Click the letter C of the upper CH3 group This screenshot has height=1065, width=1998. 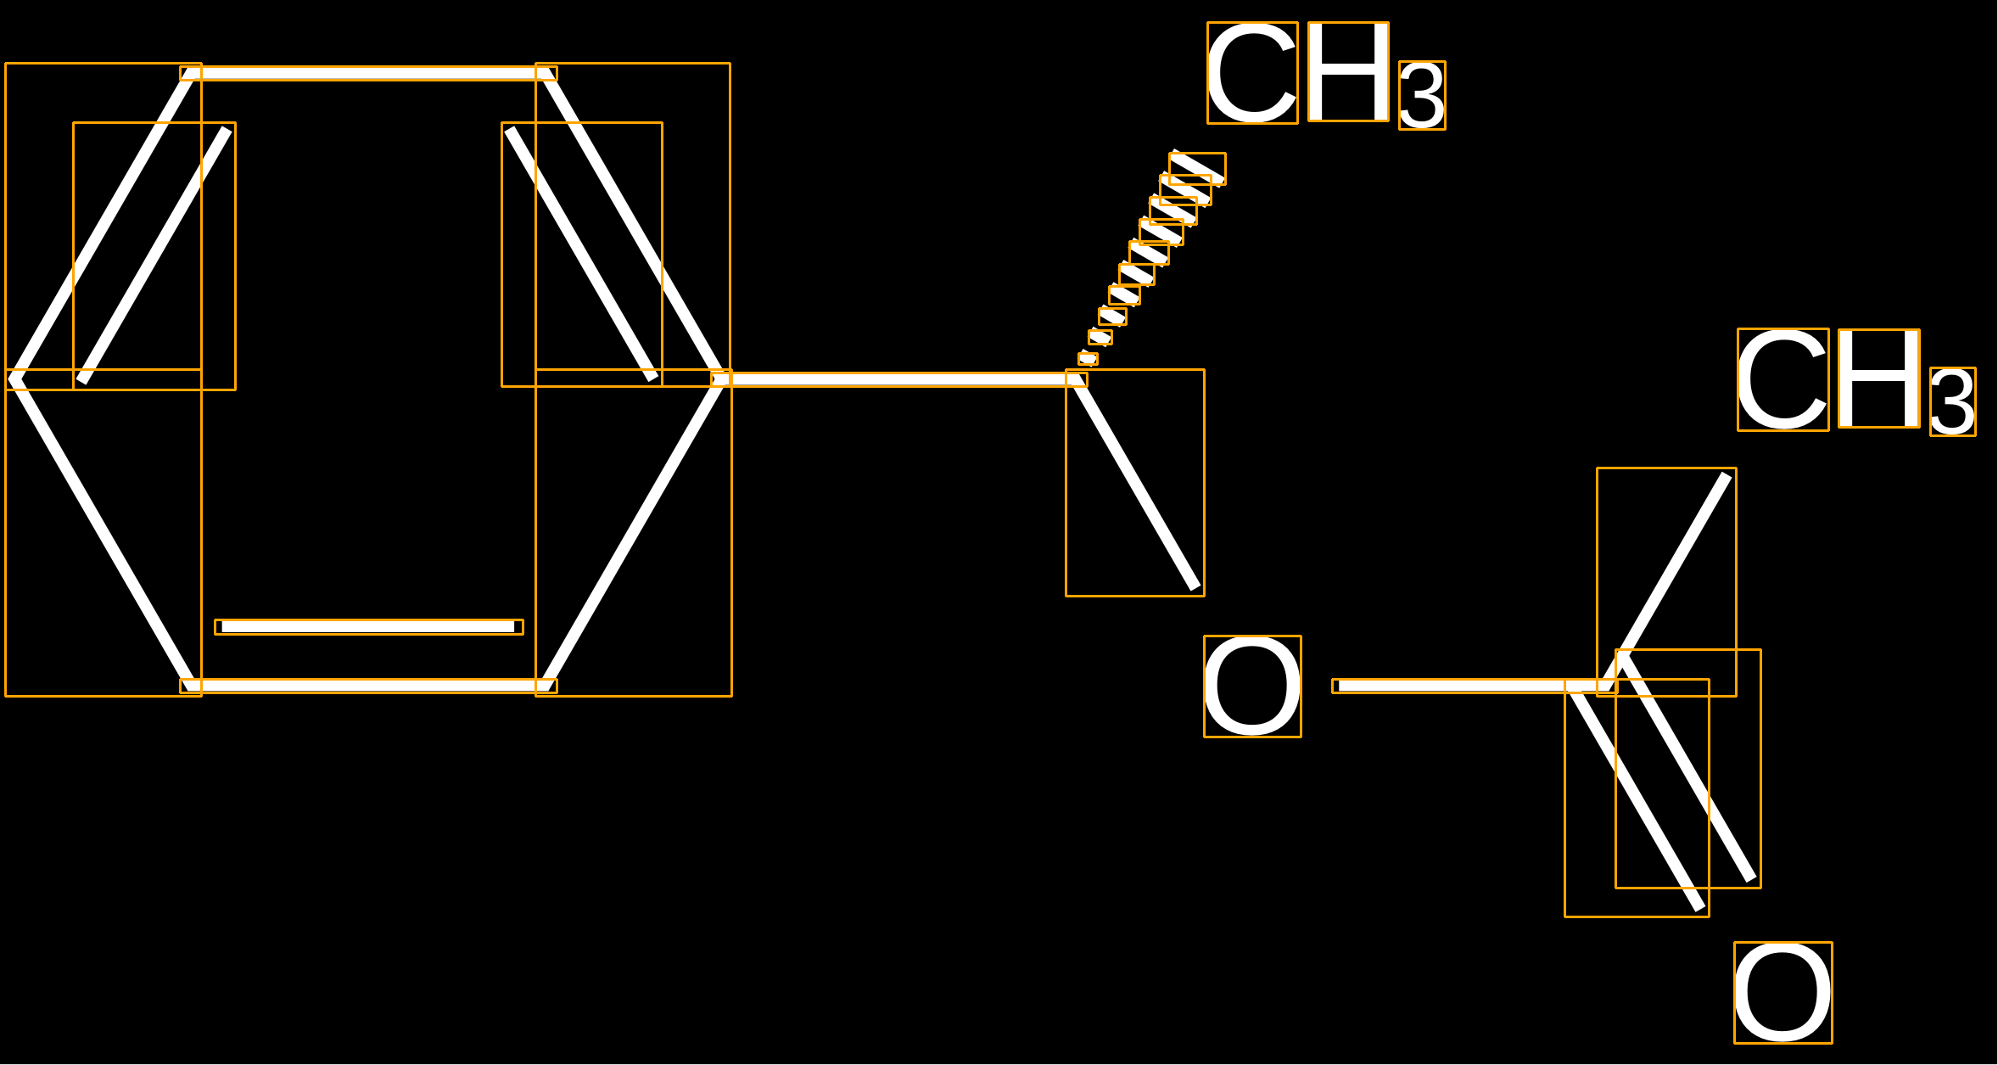coord(1252,73)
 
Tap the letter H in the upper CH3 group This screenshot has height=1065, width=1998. coord(1348,72)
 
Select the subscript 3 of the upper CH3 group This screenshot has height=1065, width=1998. coord(1422,95)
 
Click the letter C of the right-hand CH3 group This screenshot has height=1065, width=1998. coord(1783,379)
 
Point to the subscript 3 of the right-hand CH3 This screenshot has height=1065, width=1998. coord(1953,401)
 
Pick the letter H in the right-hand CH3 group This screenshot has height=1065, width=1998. coord(1879,378)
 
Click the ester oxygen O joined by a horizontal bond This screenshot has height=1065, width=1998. coord(1252,687)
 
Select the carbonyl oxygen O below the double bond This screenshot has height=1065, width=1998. coord(1783,993)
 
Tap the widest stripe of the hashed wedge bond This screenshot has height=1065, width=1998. coord(1197,168)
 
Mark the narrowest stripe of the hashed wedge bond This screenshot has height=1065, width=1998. coord(1088,359)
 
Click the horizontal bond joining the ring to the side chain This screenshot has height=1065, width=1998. coord(899,379)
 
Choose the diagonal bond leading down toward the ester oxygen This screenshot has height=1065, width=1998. coord(1135,483)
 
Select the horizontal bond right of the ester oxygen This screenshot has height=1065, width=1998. coord(1475,686)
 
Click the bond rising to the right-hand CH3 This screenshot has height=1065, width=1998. coord(1666,582)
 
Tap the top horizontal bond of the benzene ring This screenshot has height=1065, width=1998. coord(368,74)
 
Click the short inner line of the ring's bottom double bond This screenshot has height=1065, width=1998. coord(369,627)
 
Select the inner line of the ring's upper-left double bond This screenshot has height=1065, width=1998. coord(154,256)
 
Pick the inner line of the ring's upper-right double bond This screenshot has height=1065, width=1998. coord(582,255)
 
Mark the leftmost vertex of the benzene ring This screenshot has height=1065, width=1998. coord(12,379)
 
